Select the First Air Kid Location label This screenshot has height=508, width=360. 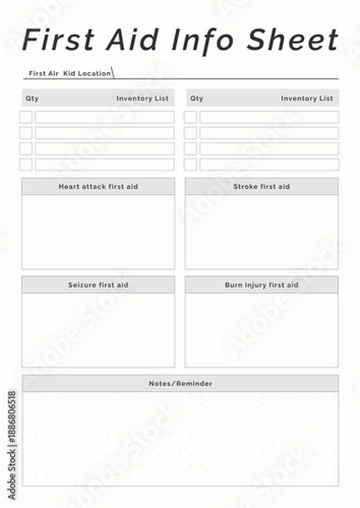pos(69,74)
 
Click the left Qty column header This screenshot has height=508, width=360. pos(32,98)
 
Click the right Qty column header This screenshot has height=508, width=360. pos(197,98)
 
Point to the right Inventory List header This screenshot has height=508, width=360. pos(307,98)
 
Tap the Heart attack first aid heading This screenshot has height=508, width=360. pos(98,186)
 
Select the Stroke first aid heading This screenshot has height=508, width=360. pos(262,186)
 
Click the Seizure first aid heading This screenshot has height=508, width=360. pos(98,285)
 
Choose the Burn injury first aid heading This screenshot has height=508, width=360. pos(262,285)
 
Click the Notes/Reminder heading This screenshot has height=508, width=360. pos(180,384)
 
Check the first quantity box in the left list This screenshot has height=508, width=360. pos(26,117)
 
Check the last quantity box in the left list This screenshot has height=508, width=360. pos(26,164)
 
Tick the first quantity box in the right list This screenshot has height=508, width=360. pos(191,117)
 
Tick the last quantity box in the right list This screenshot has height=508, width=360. pos(191,164)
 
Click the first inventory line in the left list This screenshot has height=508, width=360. pos(104,117)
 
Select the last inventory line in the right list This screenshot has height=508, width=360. pos(269,164)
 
